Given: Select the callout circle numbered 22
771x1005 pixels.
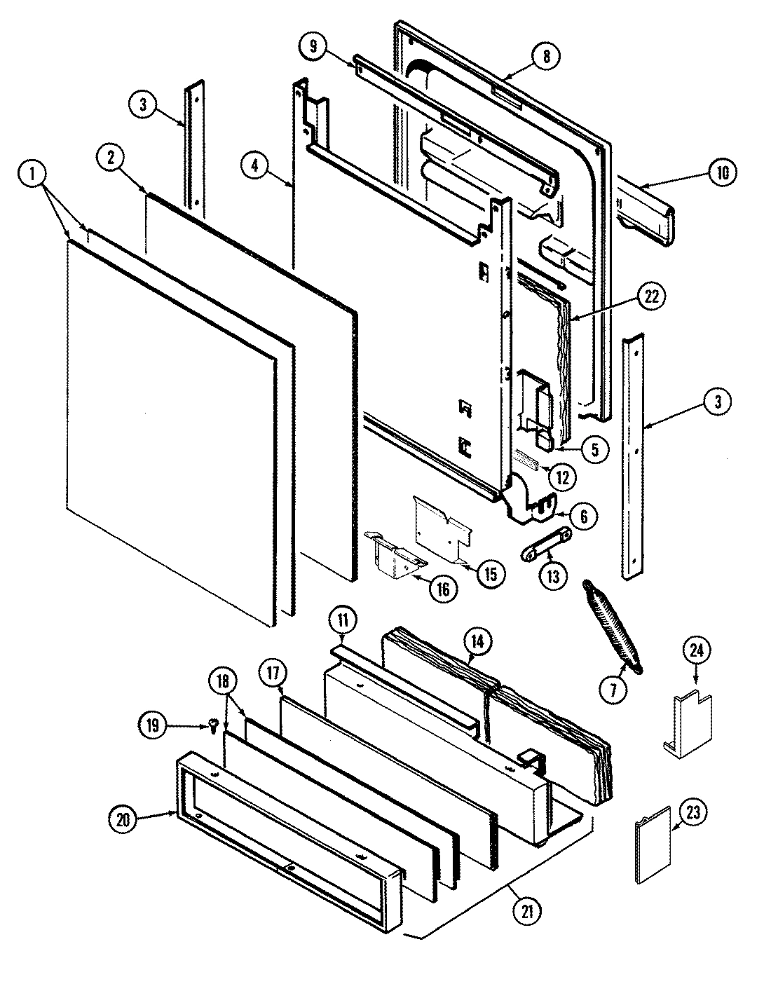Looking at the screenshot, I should [652, 296].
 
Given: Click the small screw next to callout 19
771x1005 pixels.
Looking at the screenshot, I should [212, 726].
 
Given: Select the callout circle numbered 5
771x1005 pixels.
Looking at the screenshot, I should [594, 449].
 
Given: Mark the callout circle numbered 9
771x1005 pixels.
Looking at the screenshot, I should [313, 47].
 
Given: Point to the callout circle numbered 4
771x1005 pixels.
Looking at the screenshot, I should [255, 166].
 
